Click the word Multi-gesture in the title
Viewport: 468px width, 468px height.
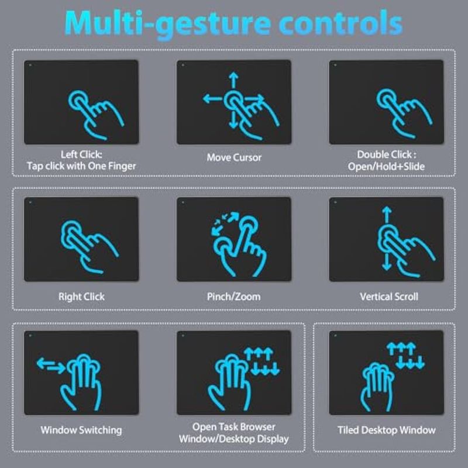pos(168,24)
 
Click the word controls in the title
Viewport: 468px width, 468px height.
pos(341,23)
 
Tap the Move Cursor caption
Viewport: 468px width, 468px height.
pos(234,157)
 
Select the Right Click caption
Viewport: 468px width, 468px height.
pos(81,297)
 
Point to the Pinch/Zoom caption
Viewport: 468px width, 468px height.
pos(233,297)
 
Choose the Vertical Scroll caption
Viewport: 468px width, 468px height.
pos(389,297)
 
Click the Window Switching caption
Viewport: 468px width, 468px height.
pos(81,430)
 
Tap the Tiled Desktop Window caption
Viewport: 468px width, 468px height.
pos(387,430)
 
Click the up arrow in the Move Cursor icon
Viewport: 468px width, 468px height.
pos(233,80)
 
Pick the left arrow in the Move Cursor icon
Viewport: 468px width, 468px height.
pos(212,98)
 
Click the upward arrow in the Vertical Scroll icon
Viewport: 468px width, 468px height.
pos(387,215)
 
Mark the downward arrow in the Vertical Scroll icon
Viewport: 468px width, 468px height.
pos(387,262)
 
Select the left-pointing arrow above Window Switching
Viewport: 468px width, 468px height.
pos(46,363)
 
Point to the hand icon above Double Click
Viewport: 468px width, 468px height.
pos(404,113)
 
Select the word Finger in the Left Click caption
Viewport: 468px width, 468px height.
pos(122,166)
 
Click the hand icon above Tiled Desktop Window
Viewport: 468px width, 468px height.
pos(377,387)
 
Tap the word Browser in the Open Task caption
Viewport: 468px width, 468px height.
pos(257,427)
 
